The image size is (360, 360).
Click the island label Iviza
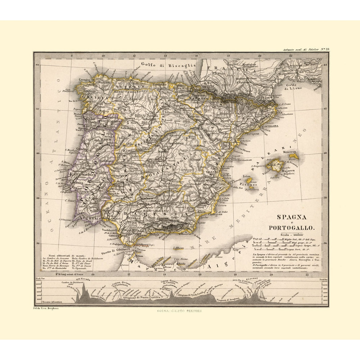point(247,176)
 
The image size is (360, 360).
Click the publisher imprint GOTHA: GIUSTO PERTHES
point(179,311)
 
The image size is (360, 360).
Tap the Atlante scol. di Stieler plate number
point(307,50)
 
